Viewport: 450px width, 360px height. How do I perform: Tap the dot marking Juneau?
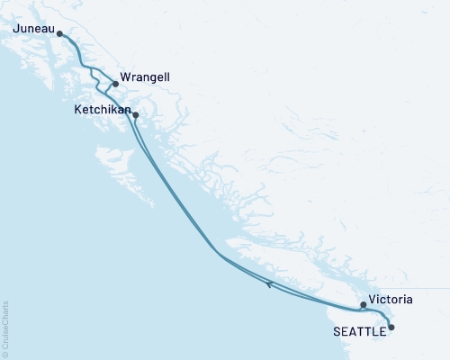(x=59, y=34)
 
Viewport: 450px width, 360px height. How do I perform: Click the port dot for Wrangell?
(x=115, y=85)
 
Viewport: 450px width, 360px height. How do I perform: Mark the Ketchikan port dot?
(x=135, y=115)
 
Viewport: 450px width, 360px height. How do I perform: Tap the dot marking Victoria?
(x=364, y=305)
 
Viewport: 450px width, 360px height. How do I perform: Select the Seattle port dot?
(x=391, y=328)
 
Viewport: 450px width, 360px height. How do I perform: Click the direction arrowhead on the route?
(x=268, y=284)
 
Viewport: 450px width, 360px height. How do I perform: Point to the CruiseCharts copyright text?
(x=5, y=328)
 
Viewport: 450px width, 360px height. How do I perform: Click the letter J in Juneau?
(x=16, y=28)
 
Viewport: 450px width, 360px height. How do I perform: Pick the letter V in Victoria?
(x=372, y=298)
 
